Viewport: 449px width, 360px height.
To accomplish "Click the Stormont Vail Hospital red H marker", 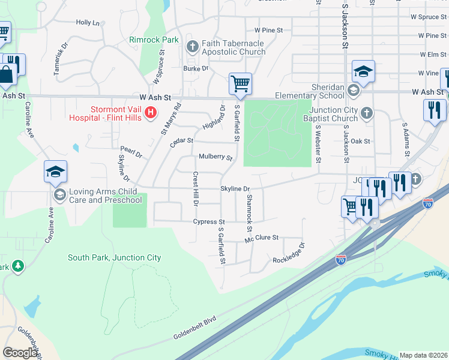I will [151, 112].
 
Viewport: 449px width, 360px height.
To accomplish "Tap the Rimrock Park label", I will [154, 40].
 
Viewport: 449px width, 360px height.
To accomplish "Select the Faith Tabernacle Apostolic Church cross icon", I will [193, 46].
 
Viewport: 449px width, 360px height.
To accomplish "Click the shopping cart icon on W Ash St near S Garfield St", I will [240, 83].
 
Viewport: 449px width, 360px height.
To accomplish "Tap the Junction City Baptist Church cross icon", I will [366, 112].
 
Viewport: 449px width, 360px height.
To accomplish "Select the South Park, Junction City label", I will [114, 258].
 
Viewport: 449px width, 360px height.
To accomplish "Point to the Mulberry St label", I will [215, 158].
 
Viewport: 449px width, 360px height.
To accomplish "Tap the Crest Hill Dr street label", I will [195, 189].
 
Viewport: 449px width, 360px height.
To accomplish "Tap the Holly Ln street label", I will [88, 23].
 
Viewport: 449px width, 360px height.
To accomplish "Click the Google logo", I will [20, 353].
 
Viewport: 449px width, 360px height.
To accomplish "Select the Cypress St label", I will [209, 222].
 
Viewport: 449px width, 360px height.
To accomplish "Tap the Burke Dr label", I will [196, 68].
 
